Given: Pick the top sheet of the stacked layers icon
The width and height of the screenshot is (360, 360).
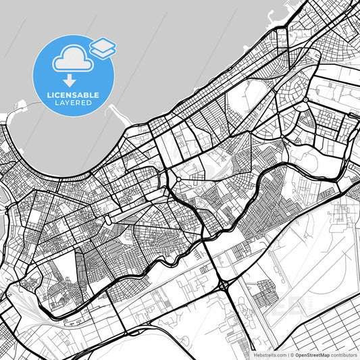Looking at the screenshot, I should pyautogui.click(x=103, y=44).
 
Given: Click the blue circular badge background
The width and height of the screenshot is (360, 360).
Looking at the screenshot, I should pyautogui.click(x=51, y=74).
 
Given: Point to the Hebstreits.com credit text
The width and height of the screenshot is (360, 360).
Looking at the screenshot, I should pyautogui.click(x=270, y=355).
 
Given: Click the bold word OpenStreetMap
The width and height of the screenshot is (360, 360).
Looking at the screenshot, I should pyautogui.click(x=317, y=355).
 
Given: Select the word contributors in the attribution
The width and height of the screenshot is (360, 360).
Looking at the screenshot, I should pyautogui.click(x=345, y=355).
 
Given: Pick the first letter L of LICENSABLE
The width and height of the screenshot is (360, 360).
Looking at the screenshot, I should pyautogui.click(x=48, y=95).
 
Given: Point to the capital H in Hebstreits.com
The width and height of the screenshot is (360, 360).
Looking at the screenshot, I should pyautogui.click(x=255, y=355).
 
